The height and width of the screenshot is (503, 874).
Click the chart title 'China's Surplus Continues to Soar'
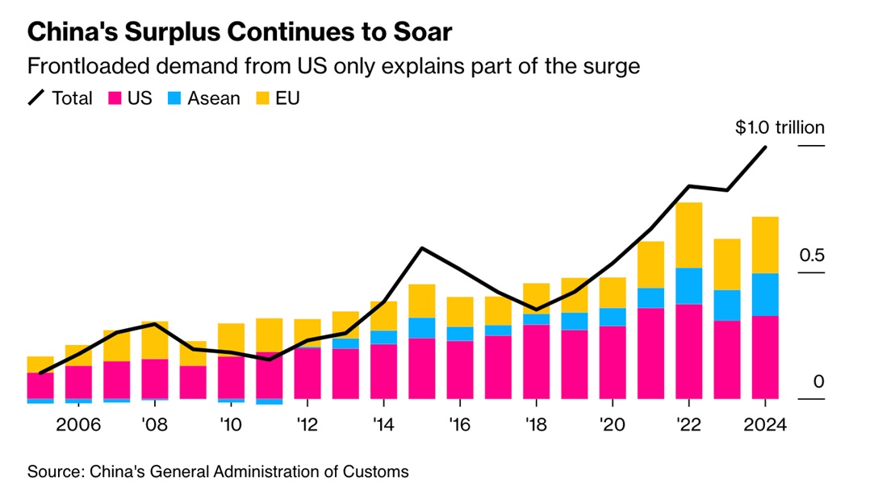[240, 32]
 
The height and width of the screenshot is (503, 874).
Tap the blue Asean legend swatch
[173, 99]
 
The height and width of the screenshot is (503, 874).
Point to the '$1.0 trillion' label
[780, 127]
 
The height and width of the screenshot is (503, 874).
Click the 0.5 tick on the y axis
[813, 256]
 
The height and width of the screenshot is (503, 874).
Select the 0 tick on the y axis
[819, 381]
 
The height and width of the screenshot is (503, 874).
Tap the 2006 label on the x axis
[78, 425]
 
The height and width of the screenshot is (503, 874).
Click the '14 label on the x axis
[383, 425]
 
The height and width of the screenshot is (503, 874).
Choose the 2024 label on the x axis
[764, 425]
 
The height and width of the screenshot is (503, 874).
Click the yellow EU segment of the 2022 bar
[688, 235]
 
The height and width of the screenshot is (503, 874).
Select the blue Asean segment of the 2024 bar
[764, 294]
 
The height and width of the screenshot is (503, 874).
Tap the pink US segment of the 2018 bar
[536, 361]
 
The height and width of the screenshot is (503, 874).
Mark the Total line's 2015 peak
[421, 247]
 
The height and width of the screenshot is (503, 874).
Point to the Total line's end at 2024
[765, 147]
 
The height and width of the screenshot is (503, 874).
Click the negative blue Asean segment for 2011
[269, 401]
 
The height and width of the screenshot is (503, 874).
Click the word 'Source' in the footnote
[52, 472]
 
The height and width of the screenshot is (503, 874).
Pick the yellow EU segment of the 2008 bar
[154, 339]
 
